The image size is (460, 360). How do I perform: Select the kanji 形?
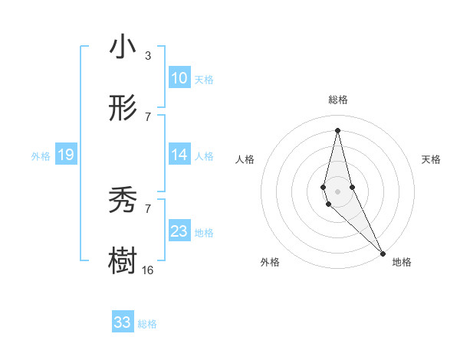pos(123,110)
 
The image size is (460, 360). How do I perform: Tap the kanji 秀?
pos(123,201)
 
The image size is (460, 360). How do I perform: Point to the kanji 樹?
pos(123,261)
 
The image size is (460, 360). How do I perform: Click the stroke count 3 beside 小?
pos(148,55)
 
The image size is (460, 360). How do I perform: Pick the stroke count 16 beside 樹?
pos(148,270)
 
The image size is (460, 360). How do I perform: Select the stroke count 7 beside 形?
pos(148,116)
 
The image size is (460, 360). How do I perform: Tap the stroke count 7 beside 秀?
pos(148,208)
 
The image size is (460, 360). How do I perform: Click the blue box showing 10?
pos(179,77)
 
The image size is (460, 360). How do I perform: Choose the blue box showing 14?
pos(179,155)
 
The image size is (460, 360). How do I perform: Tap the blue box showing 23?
pos(179,231)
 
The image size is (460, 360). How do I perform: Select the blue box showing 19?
pos(65,155)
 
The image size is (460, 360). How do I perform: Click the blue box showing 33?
pos(123,322)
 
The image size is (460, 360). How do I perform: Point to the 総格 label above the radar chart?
pos(338,100)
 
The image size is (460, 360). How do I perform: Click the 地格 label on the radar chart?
pos(402,262)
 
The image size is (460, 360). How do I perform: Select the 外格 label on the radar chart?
pos(270,262)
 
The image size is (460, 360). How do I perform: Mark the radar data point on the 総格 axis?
pos(337,129)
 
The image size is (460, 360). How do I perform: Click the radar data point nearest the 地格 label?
pos(383,253)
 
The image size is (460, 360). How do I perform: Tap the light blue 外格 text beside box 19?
pos(41,155)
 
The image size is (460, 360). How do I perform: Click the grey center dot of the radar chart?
pos(337,191)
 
